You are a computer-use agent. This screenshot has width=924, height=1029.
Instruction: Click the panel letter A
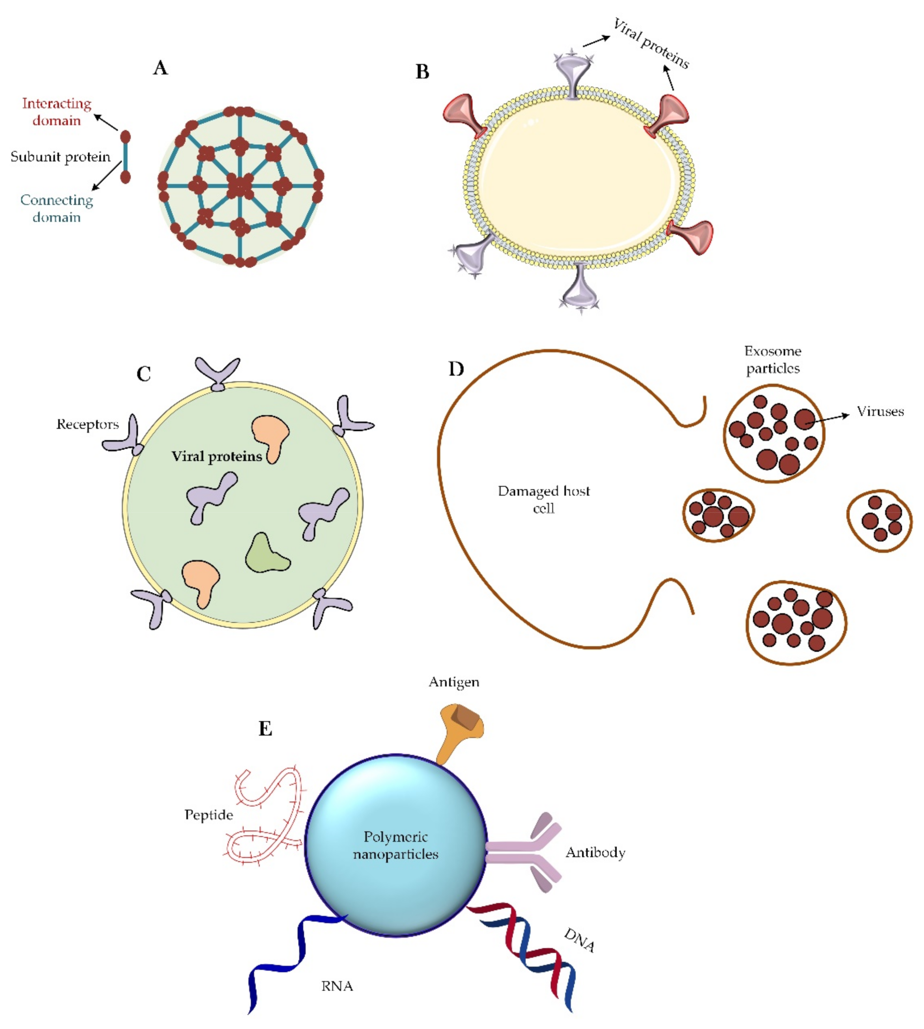coord(160,67)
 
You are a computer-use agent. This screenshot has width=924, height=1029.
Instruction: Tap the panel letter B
coord(422,72)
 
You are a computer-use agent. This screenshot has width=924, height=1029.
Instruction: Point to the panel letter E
coord(265,729)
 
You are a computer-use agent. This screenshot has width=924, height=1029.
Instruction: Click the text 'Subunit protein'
coord(60,157)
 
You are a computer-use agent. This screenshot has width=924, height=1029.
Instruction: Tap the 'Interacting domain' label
coord(56,112)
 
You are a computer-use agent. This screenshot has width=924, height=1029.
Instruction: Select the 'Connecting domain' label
coord(56,208)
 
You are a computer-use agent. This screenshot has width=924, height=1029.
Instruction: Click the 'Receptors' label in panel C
coord(87,424)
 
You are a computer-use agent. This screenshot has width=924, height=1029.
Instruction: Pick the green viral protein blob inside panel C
coord(266,554)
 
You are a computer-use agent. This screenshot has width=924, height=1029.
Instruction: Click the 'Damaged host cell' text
coord(543,499)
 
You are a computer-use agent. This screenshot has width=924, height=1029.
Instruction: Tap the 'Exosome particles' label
coord(772,359)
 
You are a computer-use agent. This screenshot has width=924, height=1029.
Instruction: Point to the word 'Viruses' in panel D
coord(880,411)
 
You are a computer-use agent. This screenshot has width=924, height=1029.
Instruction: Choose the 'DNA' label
coord(579,940)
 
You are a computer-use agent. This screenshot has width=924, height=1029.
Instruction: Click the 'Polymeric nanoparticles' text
coord(395,845)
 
